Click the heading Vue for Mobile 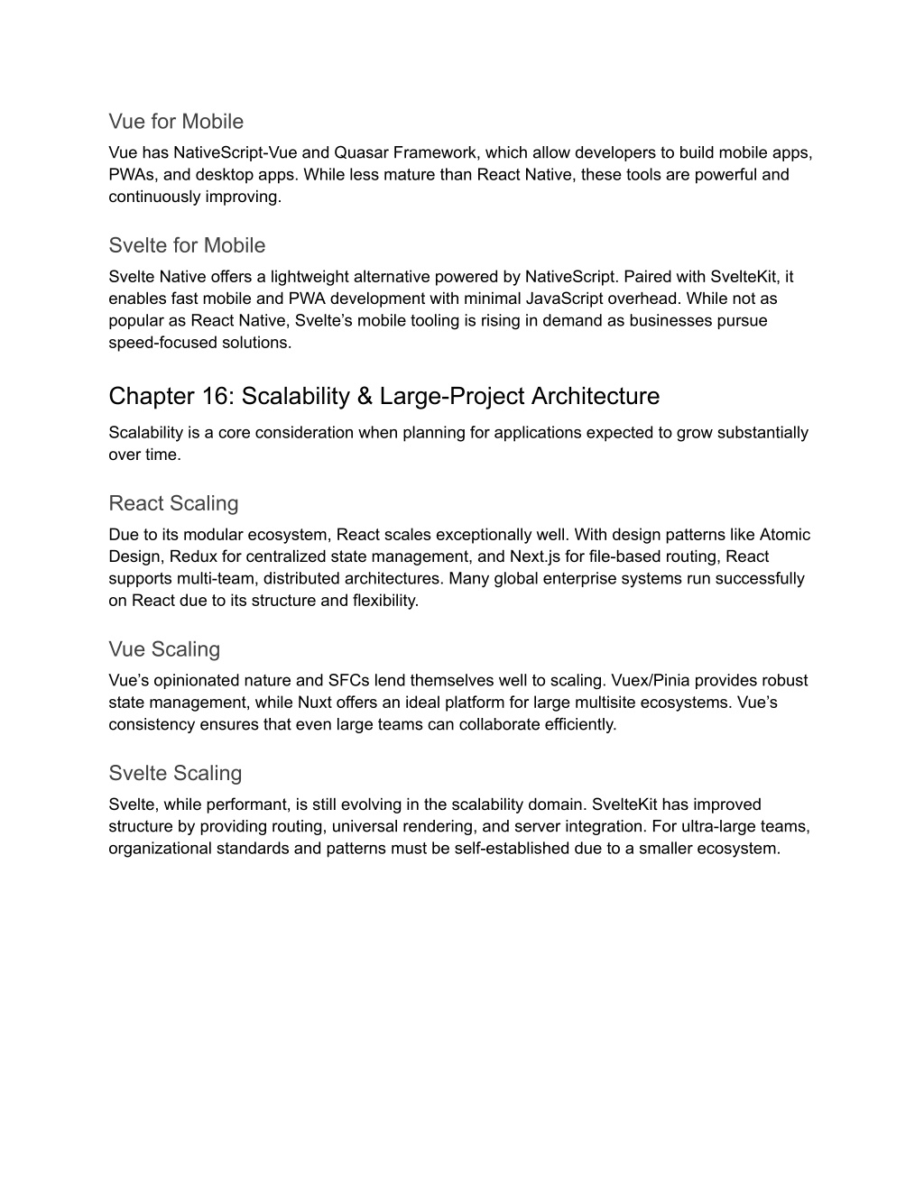[176, 121]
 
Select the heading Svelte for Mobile [187, 245]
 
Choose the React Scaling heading [173, 503]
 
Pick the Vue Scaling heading [164, 649]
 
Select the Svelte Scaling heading [175, 773]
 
